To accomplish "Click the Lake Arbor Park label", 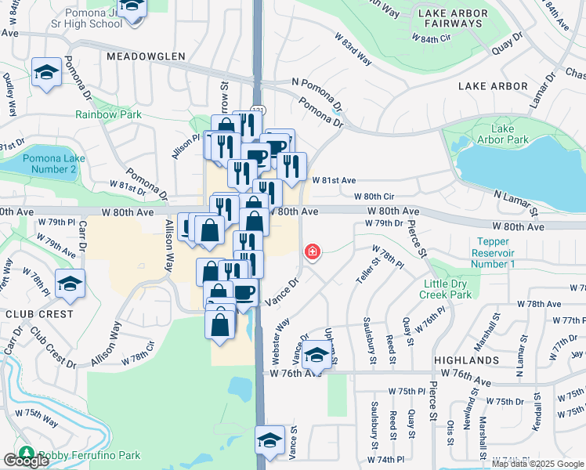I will pos(508,134).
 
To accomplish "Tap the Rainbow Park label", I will pos(108,114).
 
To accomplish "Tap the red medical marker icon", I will pos(312,252).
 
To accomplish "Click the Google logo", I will pos(26,461).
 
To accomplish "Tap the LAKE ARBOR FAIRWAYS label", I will pos(450,18).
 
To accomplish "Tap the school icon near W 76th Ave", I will pos(317,356).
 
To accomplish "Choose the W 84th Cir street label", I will pos(432,38).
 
